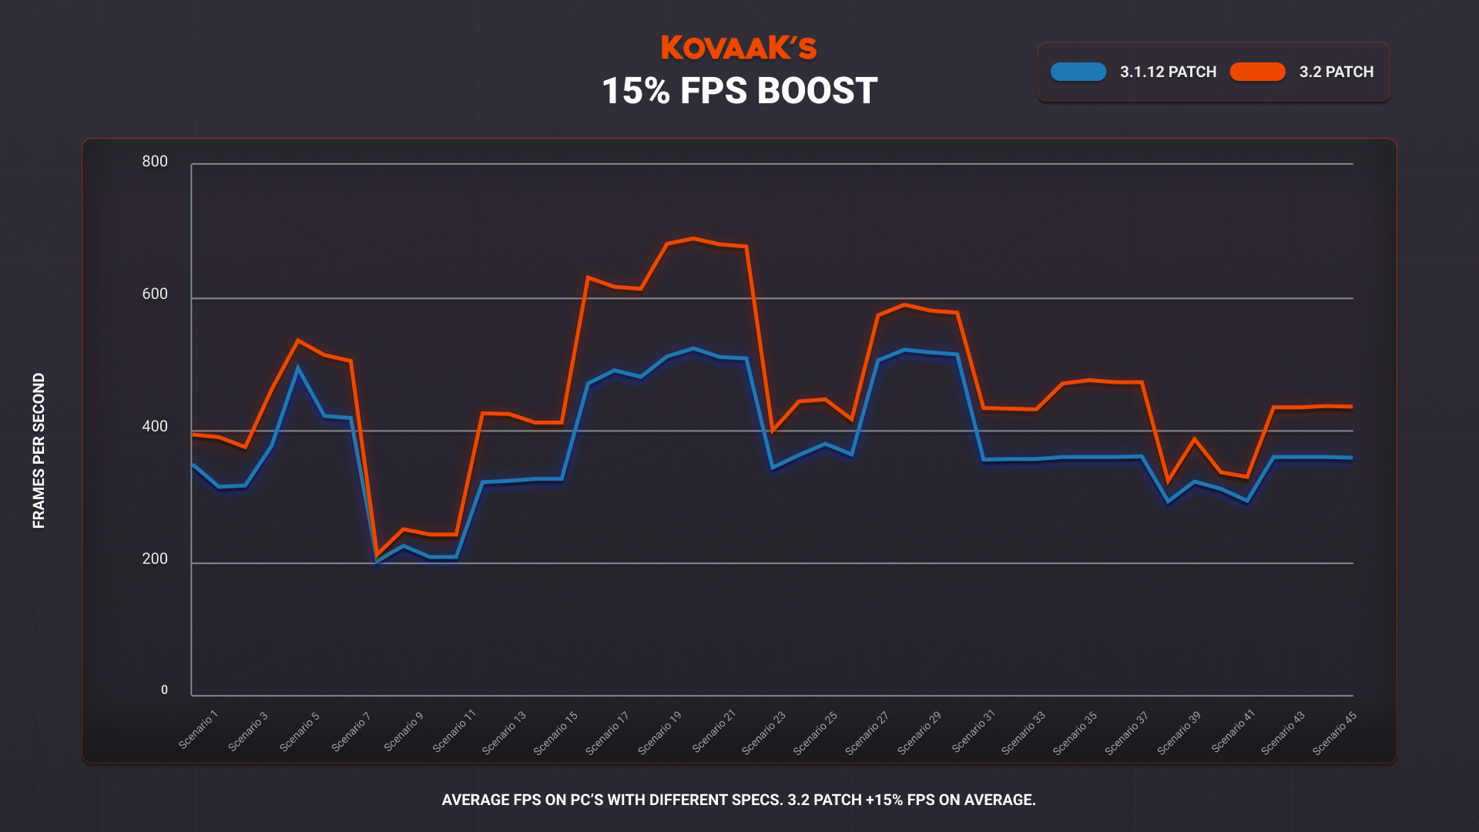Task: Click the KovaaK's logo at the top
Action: coord(738,48)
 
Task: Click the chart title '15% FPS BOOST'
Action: coord(739,91)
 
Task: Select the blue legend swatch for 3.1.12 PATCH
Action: coord(1078,72)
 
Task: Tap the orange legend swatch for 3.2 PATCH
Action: coord(1257,72)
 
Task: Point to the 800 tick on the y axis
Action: coord(155,161)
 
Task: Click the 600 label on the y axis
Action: coord(155,294)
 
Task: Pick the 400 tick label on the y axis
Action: coord(155,426)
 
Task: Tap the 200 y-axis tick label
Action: coord(155,559)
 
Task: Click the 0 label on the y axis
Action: coord(164,690)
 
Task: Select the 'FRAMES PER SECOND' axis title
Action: coord(39,451)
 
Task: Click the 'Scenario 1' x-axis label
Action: coord(199,730)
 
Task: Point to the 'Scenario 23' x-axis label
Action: coord(763,733)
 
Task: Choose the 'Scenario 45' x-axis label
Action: coord(1334,733)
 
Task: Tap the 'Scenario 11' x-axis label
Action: coord(454,731)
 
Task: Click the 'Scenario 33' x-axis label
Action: coord(1023,733)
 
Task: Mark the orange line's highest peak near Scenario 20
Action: coord(693,239)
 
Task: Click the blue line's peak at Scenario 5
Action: coord(298,368)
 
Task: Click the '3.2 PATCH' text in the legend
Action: coord(1336,72)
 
